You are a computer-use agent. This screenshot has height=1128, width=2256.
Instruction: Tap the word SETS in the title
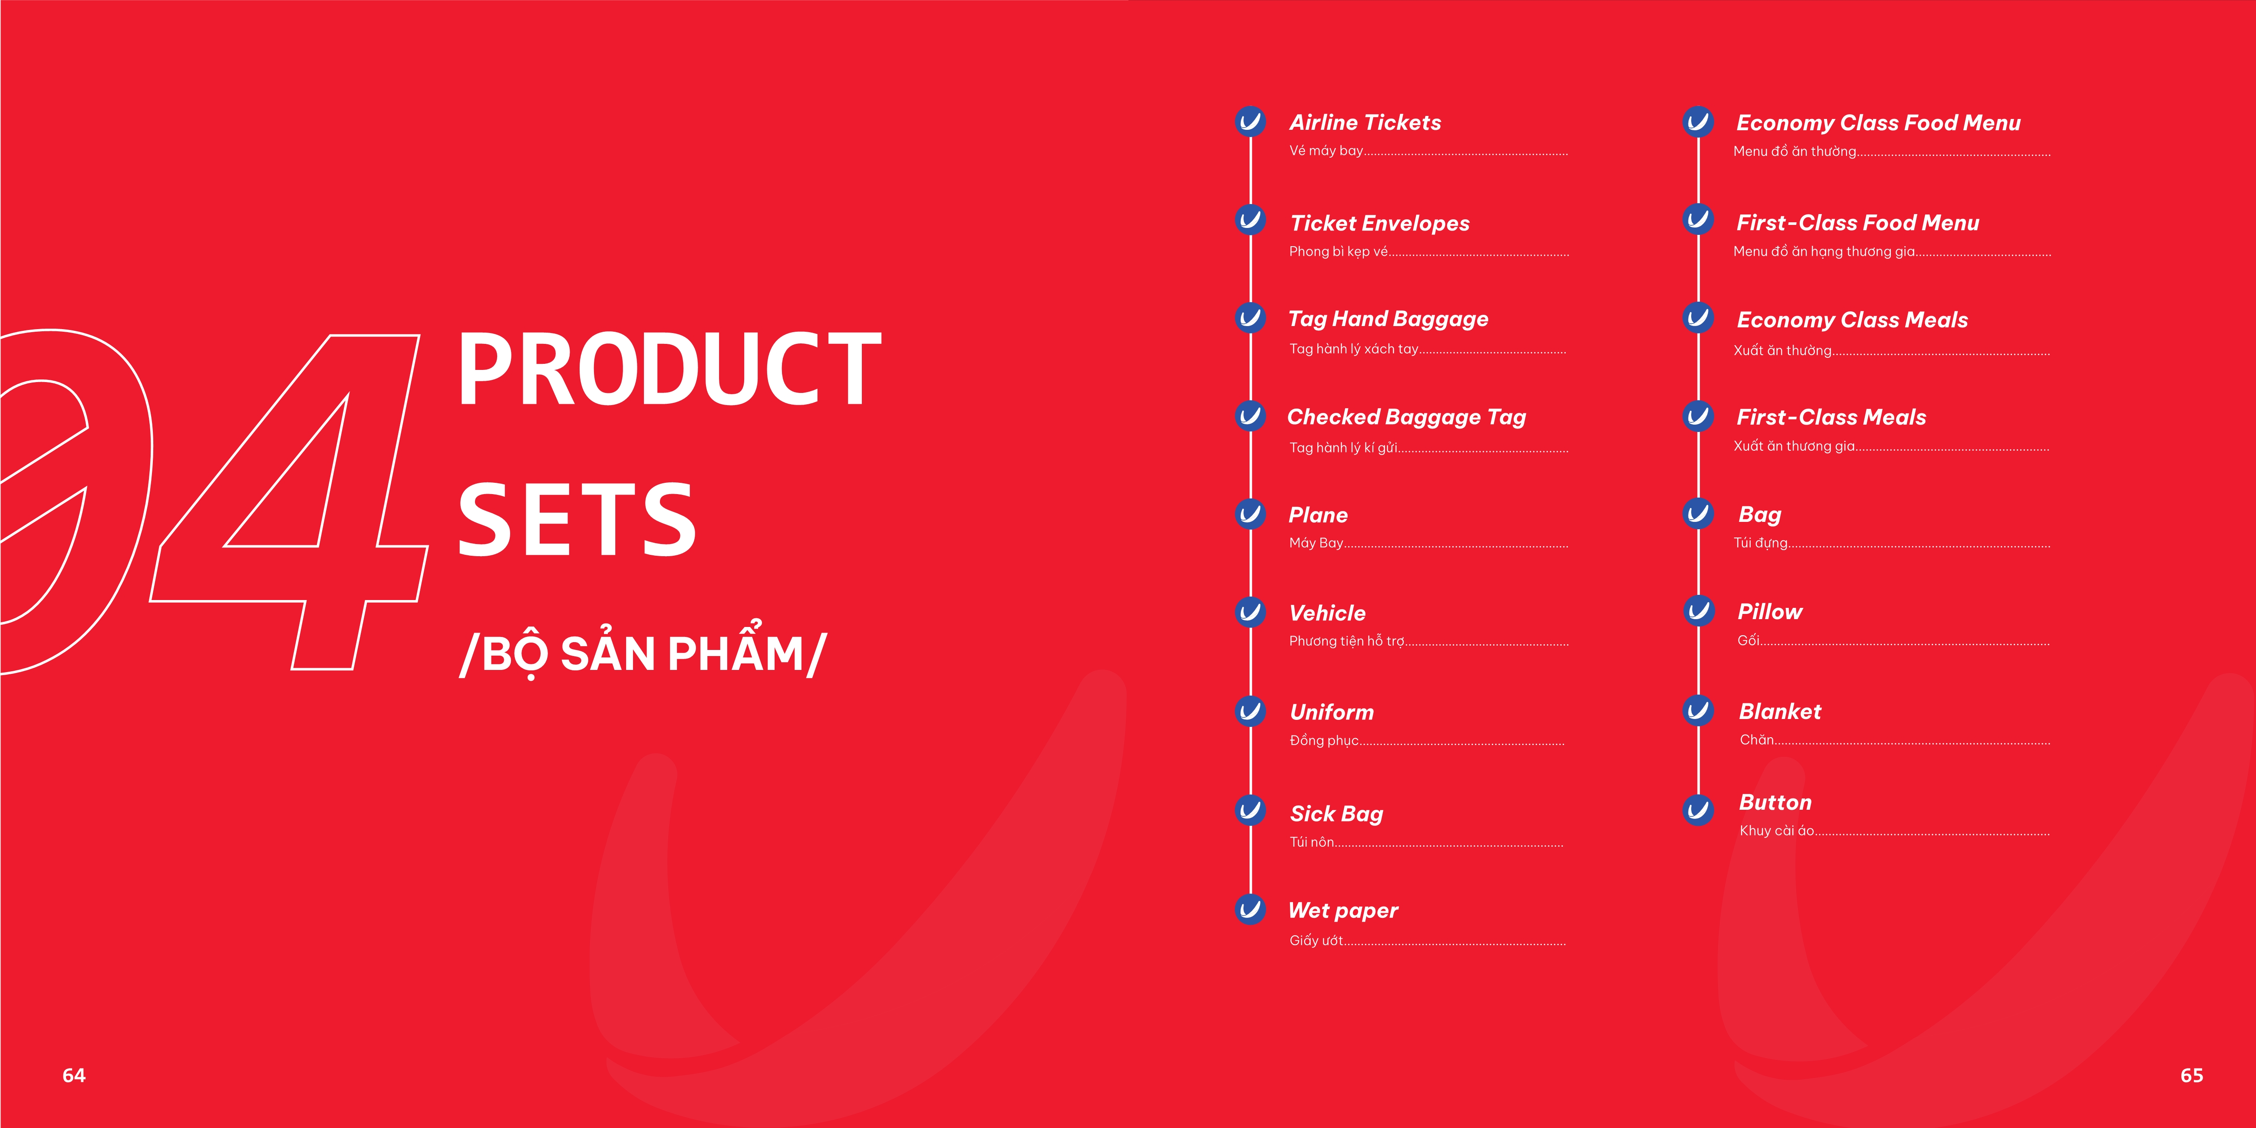[x=577, y=520]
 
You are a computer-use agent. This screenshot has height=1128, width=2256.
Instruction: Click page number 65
[x=2191, y=1075]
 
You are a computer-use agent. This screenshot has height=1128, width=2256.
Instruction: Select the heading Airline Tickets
[x=1365, y=122]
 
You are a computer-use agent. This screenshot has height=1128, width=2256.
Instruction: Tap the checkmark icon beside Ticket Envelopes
[x=1250, y=220]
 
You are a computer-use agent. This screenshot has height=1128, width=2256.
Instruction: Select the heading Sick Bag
[x=1336, y=814]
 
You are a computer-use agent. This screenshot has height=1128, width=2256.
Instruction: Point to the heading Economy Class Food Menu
[x=1879, y=122]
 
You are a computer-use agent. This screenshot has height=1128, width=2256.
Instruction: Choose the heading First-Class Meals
[x=1831, y=417]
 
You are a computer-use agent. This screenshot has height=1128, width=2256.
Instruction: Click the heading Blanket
[x=1780, y=711]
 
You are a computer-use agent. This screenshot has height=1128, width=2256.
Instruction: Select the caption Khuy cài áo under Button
[x=1777, y=830]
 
